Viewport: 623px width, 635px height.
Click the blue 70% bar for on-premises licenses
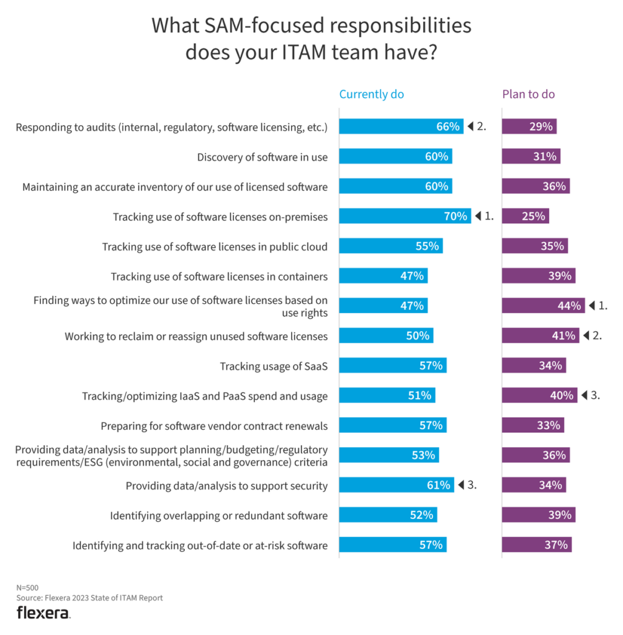coord(405,216)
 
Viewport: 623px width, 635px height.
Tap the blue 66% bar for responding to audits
coord(401,127)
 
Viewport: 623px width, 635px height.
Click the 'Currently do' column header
coord(371,94)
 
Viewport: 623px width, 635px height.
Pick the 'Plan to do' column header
coord(528,94)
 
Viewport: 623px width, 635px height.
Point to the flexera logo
coord(43,613)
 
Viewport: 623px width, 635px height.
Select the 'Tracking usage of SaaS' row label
coord(274,366)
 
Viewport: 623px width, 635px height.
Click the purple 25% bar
coord(525,216)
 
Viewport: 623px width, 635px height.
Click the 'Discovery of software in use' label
coord(262,157)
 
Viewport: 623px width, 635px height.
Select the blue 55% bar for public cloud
coord(390,246)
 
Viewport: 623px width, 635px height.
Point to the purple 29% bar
coord(529,127)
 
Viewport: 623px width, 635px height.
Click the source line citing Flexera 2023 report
coord(89,598)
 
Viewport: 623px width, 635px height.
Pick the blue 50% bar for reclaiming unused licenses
coord(386,335)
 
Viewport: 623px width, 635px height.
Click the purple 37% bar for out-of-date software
coord(536,545)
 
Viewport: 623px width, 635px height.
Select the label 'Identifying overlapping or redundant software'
coord(218,515)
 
